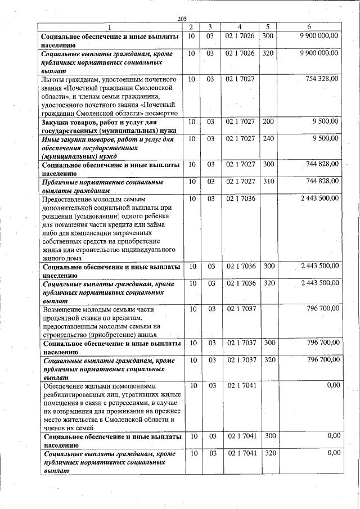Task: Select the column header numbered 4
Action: coord(240,27)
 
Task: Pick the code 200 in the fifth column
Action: coord(268,121)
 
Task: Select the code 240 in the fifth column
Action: coord(268,138)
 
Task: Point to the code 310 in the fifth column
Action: coord(268,181)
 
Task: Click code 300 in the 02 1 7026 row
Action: coord(268,36)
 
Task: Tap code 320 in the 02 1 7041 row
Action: coord(268,453)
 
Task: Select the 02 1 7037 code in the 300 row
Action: coord(241,343)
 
